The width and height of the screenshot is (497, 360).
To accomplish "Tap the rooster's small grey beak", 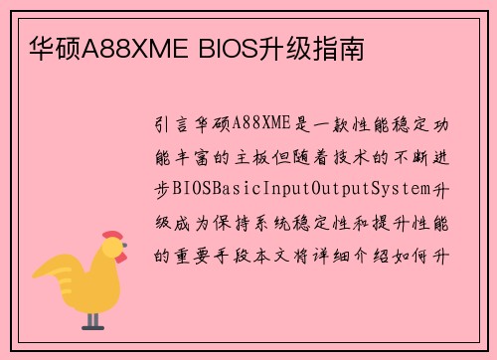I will [126, 251].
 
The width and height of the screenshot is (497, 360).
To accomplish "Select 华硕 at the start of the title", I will [48, 47].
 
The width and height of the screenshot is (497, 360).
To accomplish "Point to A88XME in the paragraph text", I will [261, 123].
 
